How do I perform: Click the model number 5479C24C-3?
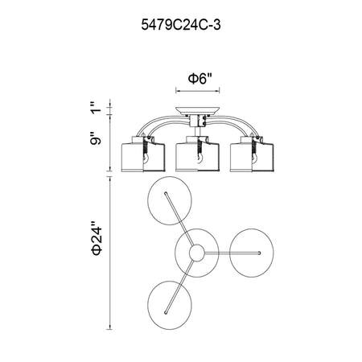tap(181, 26)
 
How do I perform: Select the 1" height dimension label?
tap(96, 107)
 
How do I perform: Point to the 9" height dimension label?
tap(96, 138)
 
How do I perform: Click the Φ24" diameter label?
tap(97, 238)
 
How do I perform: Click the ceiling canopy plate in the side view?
tap(198, 111)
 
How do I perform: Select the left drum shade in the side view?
tap(143, 154)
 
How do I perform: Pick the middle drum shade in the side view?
tap(197, 154)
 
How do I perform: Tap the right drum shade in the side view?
tap(252, 154)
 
